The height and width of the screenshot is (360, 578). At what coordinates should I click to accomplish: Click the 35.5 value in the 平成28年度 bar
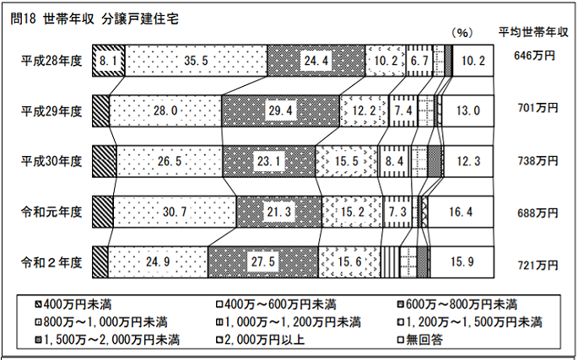click(x=196, y=61)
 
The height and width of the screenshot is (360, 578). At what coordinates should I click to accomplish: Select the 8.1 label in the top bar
click(x=109, y=61)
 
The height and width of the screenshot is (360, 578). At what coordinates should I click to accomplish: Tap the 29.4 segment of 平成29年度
click(x=280, y=110)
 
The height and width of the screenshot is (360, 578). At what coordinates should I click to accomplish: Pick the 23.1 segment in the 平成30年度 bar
click(x=268, y=161)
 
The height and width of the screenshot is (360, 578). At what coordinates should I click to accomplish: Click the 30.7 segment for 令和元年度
click(x=175, y=212)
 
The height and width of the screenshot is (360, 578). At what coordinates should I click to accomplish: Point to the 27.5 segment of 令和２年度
click(x=262, y=262)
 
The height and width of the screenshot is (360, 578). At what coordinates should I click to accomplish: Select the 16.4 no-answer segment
click(x=461, y=212)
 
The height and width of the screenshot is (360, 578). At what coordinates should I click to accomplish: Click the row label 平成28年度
click(x=51, y=61)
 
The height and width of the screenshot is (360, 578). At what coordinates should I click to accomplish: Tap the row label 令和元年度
click(x=51, y=212)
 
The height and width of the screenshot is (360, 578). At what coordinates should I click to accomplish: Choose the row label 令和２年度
click(x=51, y=263)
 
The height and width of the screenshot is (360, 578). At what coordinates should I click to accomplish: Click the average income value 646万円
click(x=534, y=56)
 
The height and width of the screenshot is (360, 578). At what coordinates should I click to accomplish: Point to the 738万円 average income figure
click(x=537, y=161)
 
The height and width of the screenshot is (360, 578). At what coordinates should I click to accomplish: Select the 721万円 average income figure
click(x=537, y=266)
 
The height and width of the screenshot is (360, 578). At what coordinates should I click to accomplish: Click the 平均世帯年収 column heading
click(x=533, y=32)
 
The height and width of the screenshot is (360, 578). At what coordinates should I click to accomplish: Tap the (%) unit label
click(x=462, y=33)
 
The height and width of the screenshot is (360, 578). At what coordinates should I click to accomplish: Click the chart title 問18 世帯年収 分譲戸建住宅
click(x=95, y=19)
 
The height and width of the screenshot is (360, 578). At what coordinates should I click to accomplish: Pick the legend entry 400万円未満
click(x=73, y=304)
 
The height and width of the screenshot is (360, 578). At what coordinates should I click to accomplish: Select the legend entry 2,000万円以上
click(x=261, y=340)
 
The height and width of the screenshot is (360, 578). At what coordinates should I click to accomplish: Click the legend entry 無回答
click(x=420, y=340)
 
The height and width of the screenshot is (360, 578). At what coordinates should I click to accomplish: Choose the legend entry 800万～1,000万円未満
click(x=101, y=322)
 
